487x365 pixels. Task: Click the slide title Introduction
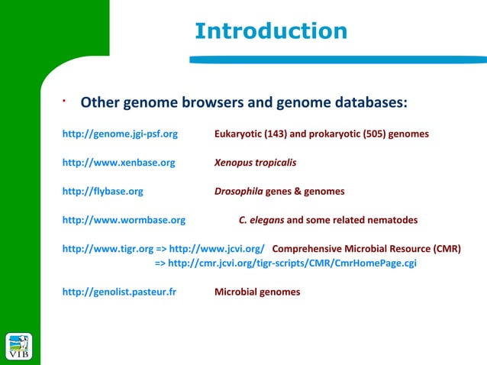[271, 31]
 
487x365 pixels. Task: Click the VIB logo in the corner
[19, 345]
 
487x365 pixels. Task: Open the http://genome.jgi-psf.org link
[120, 134]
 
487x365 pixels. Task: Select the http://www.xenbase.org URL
[118, 163]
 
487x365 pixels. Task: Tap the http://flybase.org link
[102, 192]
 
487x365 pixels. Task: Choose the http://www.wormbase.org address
[124, 220]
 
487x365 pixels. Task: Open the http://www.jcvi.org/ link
[217, 249]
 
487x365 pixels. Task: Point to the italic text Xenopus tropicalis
[256, 163]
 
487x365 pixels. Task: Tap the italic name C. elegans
[261, 220]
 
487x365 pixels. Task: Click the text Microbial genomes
[257, 292]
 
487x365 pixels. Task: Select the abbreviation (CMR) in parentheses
[447, 249]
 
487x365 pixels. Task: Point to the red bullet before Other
[64, 99]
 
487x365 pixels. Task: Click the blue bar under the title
[336, 59]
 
